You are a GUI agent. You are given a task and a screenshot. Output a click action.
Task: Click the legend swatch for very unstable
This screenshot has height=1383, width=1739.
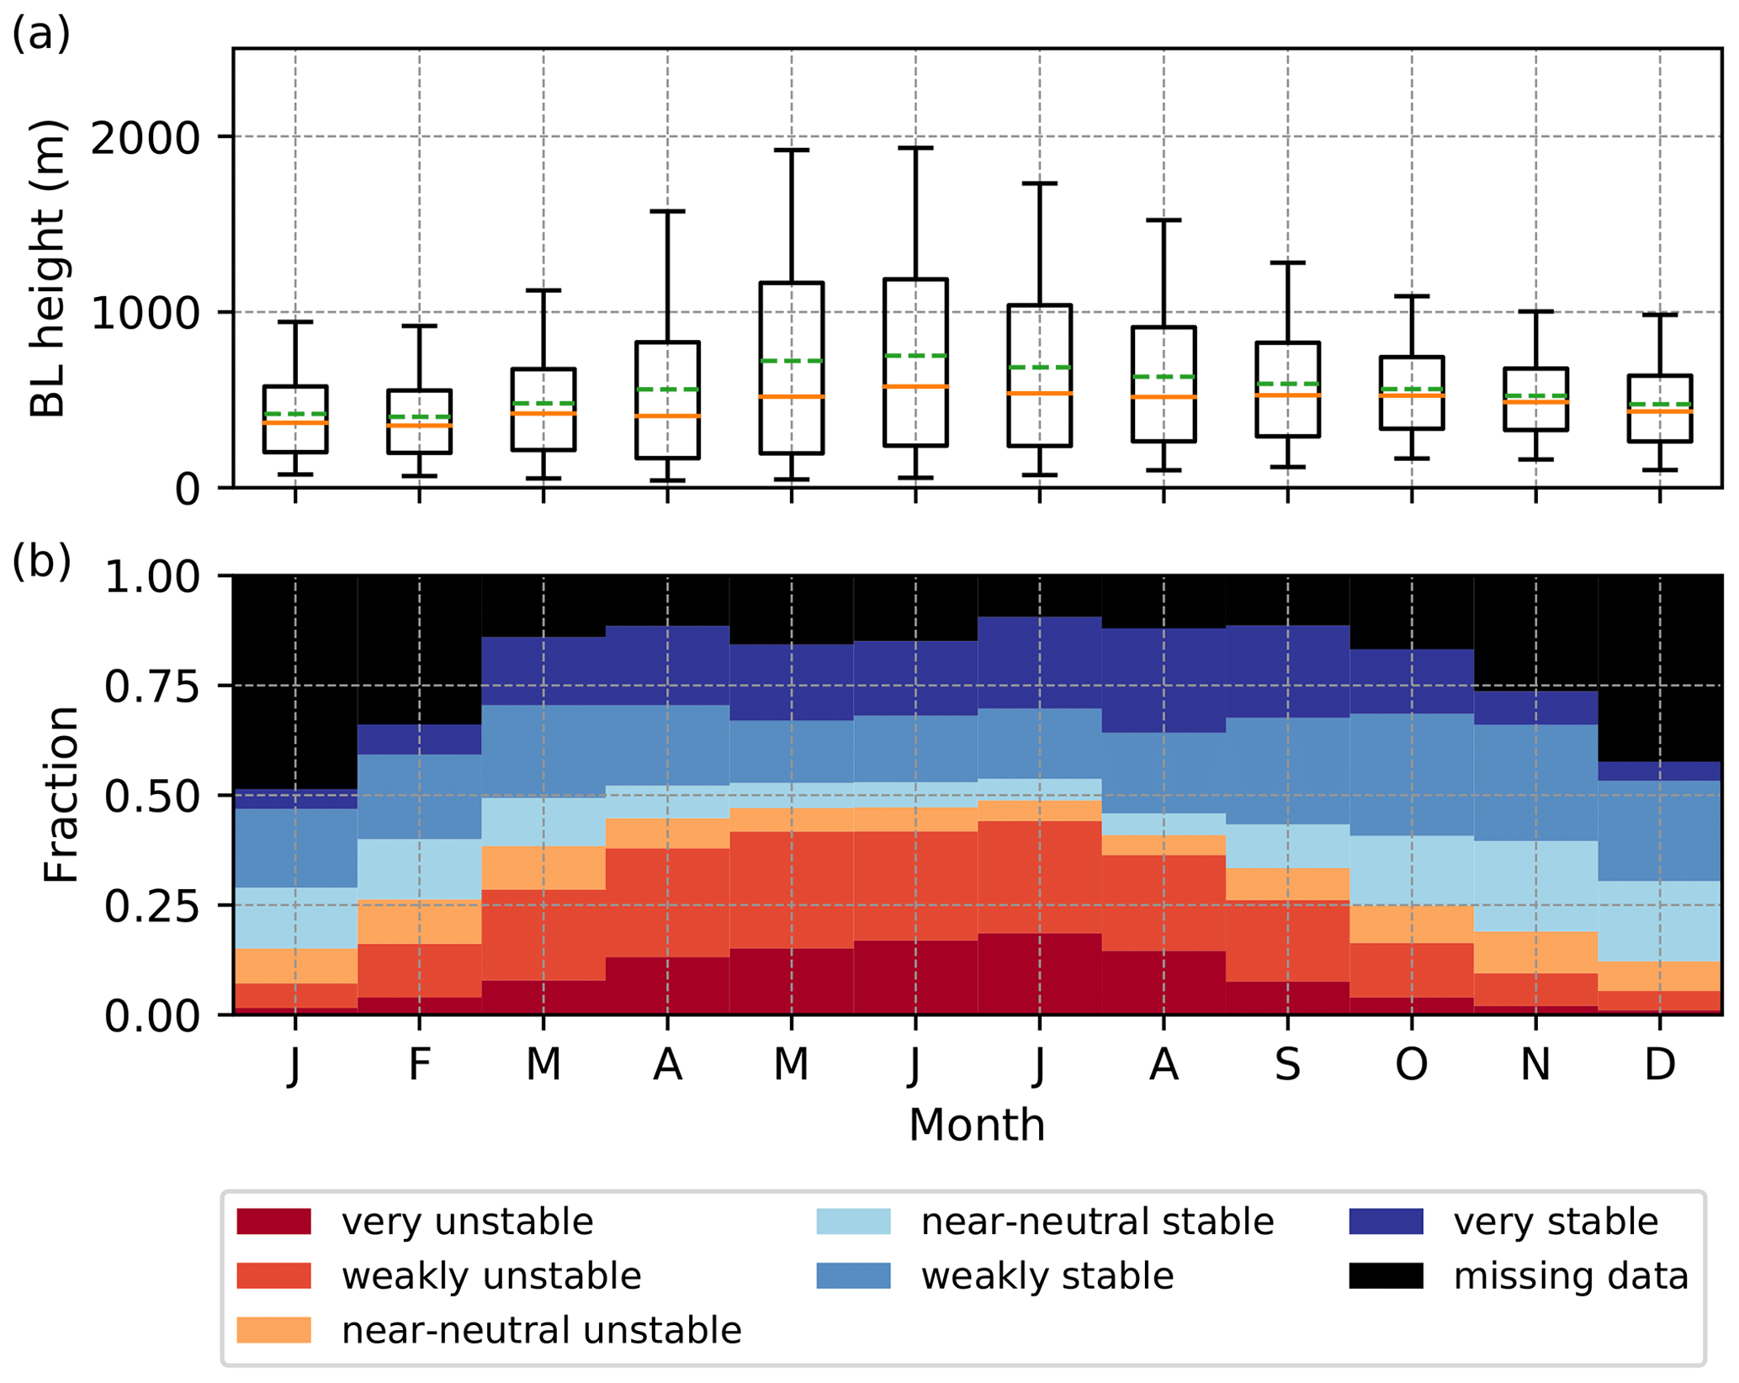(273, 1221)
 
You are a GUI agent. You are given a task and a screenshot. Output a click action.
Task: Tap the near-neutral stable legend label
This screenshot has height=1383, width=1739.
(1097, 1221)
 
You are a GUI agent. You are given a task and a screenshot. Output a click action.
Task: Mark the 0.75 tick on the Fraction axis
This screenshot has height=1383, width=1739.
(151, 686)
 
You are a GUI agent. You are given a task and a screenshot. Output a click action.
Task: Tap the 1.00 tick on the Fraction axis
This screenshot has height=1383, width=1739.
(151, 577)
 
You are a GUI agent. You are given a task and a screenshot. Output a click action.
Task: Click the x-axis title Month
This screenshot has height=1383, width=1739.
(977, 1125)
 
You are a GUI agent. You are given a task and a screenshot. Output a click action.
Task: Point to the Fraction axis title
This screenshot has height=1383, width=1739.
(61, 795)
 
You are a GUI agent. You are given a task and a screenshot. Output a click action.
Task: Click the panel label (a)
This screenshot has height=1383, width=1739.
(40, 35)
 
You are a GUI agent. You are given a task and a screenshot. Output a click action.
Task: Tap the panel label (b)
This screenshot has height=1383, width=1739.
(40, 561)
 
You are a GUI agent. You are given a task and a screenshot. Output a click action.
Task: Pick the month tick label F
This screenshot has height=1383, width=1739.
(419, 1064)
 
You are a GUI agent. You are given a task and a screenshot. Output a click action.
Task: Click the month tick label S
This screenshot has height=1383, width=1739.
(1287, 1064)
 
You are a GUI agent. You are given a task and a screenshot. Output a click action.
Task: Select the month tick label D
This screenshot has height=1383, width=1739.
(1659, 1064)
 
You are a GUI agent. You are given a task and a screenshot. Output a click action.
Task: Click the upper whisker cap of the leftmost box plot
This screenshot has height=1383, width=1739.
(295, 321)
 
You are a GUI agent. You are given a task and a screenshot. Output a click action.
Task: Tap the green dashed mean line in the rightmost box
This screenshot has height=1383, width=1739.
(1659, 405)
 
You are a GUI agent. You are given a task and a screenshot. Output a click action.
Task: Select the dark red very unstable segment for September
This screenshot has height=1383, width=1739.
(1287, 998)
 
